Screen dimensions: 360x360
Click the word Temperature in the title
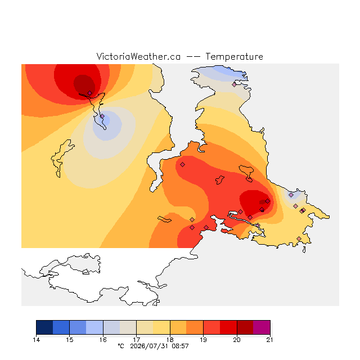click(x=234, y=56)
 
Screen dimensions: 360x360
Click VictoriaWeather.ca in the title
click(x=138, y=56)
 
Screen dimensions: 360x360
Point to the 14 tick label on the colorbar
click(x=36, y=340)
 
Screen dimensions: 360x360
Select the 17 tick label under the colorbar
click(x=136, y=340)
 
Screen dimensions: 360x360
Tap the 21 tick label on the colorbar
click(x=270, y=340)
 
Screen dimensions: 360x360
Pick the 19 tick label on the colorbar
click(x=203, y=340)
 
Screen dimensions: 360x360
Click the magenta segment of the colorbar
click(x=262, y=327)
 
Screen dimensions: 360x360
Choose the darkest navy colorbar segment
click(x=44, y=327)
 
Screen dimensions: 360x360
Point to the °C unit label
click(x=121, y=346)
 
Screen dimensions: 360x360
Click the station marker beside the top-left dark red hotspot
click(x=90, y=93)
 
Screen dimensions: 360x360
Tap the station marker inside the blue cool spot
click(x=102, y=116)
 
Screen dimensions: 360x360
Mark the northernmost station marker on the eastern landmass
click(x=234, y=84)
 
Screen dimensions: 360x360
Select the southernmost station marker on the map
click(x=299, y=238)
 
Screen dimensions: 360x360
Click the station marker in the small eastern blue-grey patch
click(x=291, y=195)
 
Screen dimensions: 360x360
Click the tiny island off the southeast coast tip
click(x=304, y=250)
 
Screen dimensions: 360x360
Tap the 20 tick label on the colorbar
click(x=237, y=340)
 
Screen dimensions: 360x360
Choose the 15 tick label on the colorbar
click(x=70, y=340)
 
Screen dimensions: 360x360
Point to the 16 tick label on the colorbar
click(x=103, y=340)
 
